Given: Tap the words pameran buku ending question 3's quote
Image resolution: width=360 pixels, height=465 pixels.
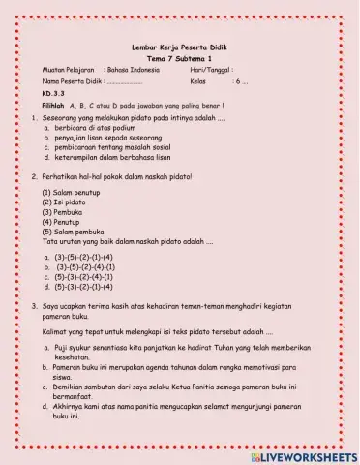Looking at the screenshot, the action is (x=65, y=316).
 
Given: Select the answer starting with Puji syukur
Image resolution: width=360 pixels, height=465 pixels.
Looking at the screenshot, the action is (x=174, y=352).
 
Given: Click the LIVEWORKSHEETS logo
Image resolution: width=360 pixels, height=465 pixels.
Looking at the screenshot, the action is (x=302, y=454).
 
